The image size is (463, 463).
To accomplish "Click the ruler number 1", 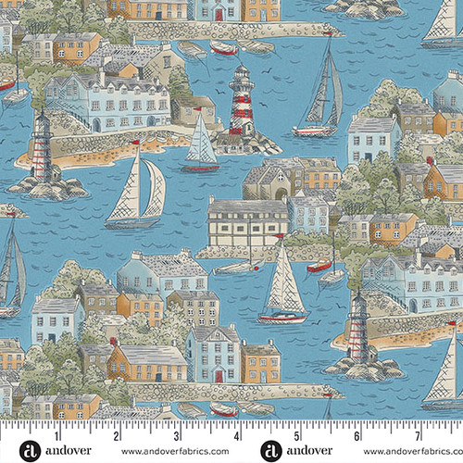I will (x=58, y=434).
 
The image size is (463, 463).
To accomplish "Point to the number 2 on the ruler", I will (x=118, y=434).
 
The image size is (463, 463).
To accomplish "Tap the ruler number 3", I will (x=177, y=434).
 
